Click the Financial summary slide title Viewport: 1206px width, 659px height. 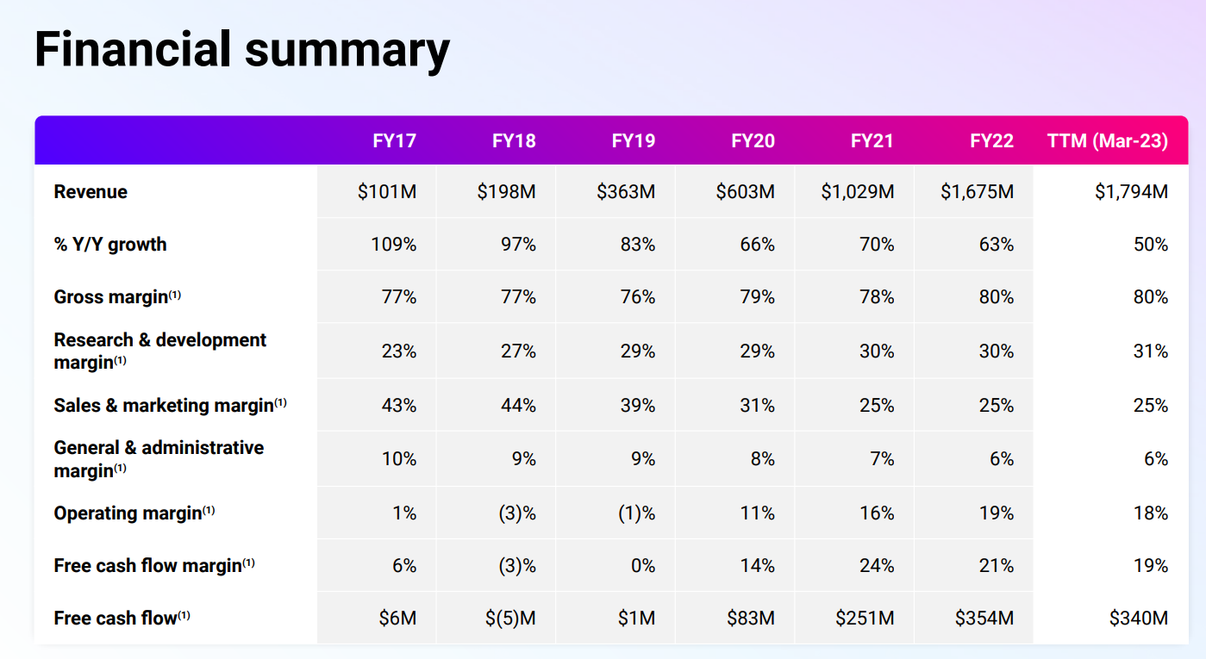tap(241, 49)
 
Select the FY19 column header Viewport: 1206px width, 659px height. tap(634, 141)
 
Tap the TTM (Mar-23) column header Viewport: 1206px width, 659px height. tap(1107, 141)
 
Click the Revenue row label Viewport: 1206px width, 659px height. tap(91, 192)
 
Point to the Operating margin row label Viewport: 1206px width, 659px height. tap(128, 513)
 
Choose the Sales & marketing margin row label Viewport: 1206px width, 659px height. tap(164, 406)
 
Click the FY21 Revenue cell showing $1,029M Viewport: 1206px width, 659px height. tap(857, 192)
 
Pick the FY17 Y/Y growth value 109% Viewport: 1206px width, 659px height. tap(393, 245)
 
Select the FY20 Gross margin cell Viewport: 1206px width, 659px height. tap(757, 298)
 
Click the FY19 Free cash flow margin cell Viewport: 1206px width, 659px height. tap(643, 566)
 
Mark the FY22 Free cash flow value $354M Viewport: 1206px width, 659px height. tap(984, 619)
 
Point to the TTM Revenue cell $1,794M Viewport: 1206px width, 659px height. tap(1131, 192)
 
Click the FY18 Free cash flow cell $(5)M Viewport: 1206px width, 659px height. tap(508, 619)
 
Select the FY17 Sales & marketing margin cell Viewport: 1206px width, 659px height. tap(398, 406)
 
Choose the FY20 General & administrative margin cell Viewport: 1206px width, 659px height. tap(762, 459)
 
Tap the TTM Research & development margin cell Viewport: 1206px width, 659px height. tap(1150, 351)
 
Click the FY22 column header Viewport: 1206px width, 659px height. tap(991, 141)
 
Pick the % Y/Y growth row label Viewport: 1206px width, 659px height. tap(110, 245)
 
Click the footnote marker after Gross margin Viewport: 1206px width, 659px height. tap(175, 295)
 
